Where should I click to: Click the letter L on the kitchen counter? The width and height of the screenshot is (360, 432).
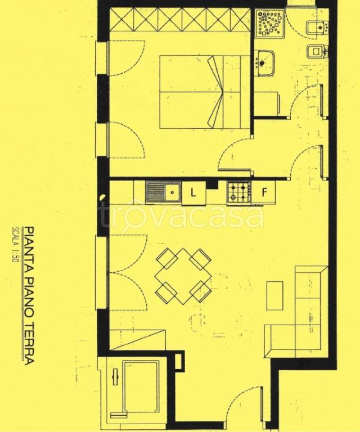[193, 192]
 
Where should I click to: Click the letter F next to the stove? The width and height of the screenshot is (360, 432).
[264, 192]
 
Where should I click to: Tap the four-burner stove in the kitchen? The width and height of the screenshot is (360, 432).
[239, 192]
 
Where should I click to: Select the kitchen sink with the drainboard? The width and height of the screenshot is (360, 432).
[163, 192]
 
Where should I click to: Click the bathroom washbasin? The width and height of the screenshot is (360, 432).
[264, 62]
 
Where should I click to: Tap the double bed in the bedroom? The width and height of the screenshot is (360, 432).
[204, 92]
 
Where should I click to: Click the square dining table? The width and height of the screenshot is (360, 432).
[183, 276]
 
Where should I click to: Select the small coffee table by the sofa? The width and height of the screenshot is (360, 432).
[275, 295]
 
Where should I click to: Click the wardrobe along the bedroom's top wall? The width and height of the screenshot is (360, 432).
[180, 20]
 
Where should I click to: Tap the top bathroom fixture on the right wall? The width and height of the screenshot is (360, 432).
[317, 27]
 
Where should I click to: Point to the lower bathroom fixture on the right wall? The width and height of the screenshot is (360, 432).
[317, 51]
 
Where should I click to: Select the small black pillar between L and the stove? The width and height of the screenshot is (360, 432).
[212, 184]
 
